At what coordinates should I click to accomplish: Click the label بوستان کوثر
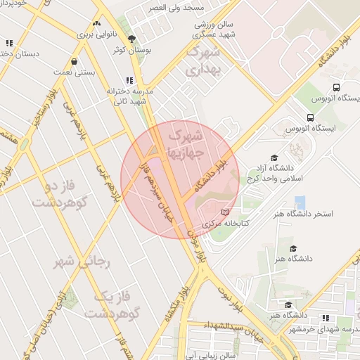point(131,50)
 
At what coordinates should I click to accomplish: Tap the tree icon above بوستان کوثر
point(131,39)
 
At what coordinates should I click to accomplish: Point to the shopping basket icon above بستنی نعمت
point(74,60)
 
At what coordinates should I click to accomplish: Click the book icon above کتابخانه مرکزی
point(225,212)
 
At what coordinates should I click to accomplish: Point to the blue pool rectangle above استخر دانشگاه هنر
point(300,202)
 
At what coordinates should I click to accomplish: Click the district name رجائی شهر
point(82,262)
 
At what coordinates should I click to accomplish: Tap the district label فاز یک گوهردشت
point(109,304)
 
